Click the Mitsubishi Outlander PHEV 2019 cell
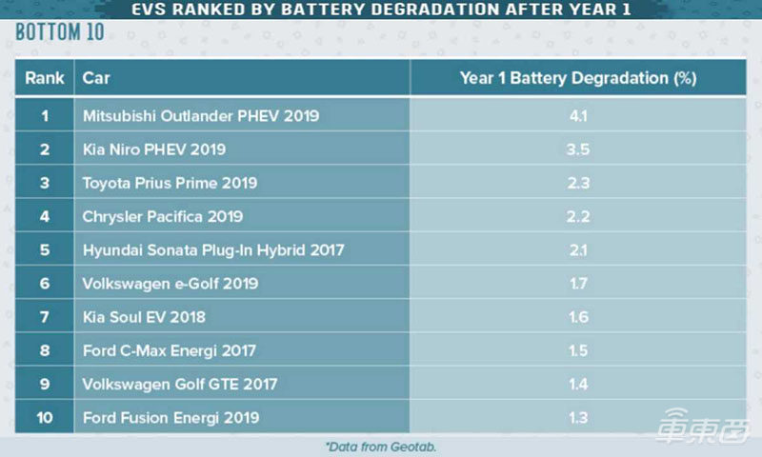click(200, 116)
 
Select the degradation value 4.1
click(577, 116)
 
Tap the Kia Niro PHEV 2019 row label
click(154, 149)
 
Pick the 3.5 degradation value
click(577, 149)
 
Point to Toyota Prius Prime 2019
click(170, 183)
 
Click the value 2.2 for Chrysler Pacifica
click(577, 216)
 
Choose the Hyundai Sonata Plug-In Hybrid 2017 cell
click(212, 249)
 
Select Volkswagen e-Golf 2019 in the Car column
click(170, 283)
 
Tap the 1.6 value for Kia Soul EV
click(577, 316)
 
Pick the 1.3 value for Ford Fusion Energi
click(577, 417)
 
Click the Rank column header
click(44, 78)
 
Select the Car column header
click(95, 78)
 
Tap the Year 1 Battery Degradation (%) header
click(577, 78)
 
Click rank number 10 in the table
click(44, 417)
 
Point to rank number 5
click(44, 249)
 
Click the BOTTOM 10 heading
click(59, 32)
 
